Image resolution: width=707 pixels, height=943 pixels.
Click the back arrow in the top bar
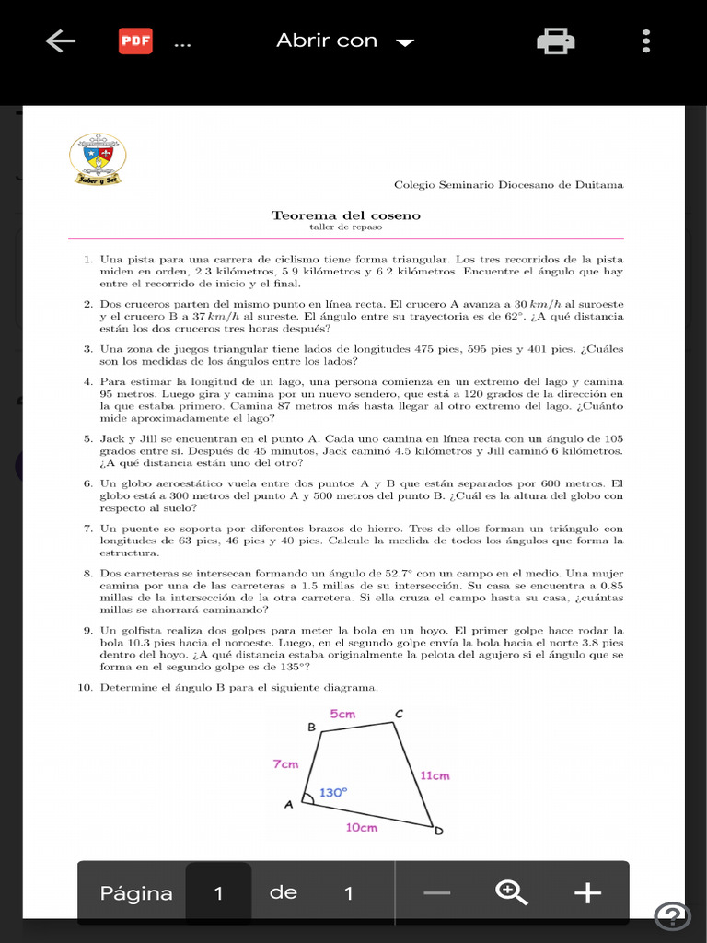[x=60, y=41]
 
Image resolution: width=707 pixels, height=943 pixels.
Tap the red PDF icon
[x=136, y=41]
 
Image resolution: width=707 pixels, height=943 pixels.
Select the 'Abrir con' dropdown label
[x=327, y=41]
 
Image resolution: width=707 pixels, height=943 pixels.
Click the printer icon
[x=555, y=41]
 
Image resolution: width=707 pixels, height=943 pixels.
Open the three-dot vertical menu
[x=646, y=41]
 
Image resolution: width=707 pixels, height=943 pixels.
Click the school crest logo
[x=98, y=158]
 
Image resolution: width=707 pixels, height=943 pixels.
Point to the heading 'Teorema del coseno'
[x=346, y=215]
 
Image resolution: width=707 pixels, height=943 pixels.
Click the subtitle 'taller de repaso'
[x=346, y=227]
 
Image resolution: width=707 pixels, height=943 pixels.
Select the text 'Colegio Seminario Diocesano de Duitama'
[x=508, y=185]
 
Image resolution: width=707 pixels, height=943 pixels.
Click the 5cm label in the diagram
[x=342, y=714]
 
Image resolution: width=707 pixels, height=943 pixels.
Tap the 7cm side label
[x=285, y=764]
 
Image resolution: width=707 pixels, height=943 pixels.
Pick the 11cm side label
[x=435, y=775]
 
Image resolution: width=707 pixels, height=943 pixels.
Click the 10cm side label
[x=361, y=827]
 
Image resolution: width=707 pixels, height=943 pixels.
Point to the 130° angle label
[x=333, y=792]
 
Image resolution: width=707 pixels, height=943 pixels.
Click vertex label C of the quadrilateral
[x=399, y=714]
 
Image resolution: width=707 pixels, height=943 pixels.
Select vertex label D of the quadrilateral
[x=439, y=832]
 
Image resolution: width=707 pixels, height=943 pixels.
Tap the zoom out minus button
[x=437, y=892]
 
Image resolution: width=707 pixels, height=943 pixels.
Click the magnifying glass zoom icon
[x=511, y=892]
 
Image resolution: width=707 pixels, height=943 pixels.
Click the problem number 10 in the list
[x=89, y=688]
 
